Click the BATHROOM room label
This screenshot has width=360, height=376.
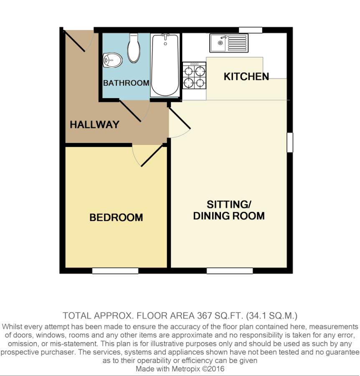pyautogui.click(x=126, y=83)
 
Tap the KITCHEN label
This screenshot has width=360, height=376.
pyautogui.click(x=246, y=76)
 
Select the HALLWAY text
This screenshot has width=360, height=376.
pyautogui.click(x=94, y=124)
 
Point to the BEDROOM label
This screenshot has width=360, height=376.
pyautogui.click(x=116, y=218)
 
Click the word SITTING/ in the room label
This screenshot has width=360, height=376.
pyautogui.click(x=229, y=205)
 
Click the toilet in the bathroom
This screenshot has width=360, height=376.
pyautogui.click(x=134, y=48)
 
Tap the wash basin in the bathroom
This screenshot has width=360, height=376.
pyautogui.click(x=112, y=60)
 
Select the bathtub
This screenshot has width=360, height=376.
pyautogui.click(x=165, y=65)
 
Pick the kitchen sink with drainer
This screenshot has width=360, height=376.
pyautogui.click(x=229, y=43)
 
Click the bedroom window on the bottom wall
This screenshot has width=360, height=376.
pyautogui.click(x=115, y=271)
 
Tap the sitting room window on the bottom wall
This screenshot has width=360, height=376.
pyautogui.click(x=230, y=271)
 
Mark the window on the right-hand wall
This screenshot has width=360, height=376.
pyautogui.click(x=290, y=142)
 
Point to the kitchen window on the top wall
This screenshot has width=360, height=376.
pyautogui.click(x=251, y=30)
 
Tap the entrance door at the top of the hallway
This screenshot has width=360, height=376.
pyautogui.click(x=74, y=41)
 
